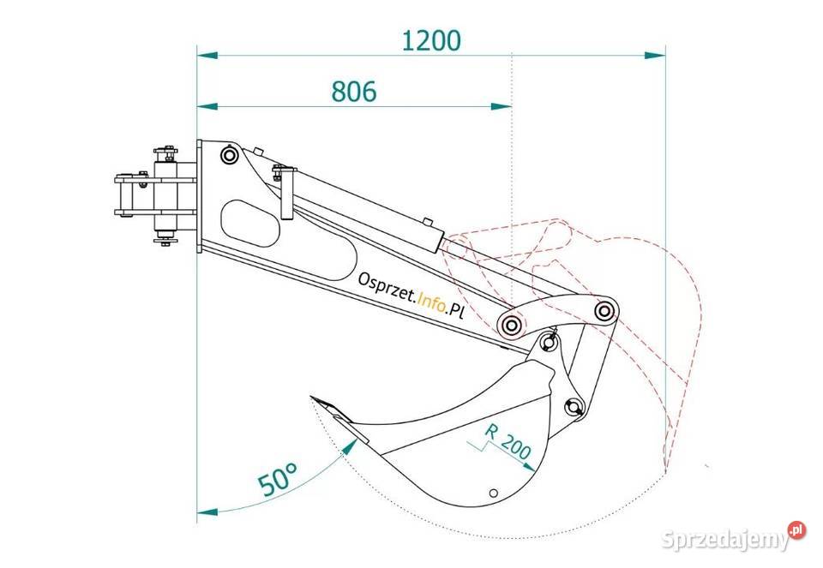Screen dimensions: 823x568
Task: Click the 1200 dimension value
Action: [431, 40]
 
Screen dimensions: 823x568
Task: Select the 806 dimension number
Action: [354, 92]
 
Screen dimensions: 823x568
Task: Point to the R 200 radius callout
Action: [507, 440]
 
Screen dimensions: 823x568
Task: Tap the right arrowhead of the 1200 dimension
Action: [654, 55]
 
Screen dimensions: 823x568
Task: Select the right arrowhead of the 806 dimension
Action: [502, 106]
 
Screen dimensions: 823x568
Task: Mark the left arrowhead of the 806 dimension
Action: [207, 106]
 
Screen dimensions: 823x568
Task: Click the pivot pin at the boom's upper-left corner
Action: [229, 155]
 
